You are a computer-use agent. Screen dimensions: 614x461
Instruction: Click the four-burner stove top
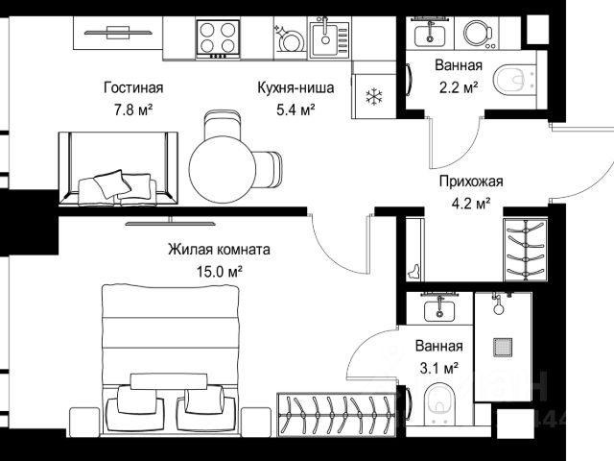[x=218, y=38]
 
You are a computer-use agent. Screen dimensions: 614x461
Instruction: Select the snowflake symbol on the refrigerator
[x=374, y=97]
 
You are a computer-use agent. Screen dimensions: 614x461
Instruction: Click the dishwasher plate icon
[x=290, y=39]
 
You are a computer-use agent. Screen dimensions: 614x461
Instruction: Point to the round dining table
[x=222, y=169]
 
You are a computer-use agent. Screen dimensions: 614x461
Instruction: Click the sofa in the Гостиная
[x=118, y=169]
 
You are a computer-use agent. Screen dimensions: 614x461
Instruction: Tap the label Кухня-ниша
[x=295, y=87]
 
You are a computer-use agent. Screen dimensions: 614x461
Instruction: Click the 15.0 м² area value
[x=220, y=271]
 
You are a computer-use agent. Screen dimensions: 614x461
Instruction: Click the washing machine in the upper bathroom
[x=478, y=35]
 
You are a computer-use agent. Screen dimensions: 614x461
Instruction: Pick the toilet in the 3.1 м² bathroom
[x=440, y=403]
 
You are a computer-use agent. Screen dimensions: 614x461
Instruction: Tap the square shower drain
[x=503, y=348]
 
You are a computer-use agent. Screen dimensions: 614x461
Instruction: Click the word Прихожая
[x=471, y=182]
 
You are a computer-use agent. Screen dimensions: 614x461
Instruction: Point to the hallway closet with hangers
[x=525, y=250]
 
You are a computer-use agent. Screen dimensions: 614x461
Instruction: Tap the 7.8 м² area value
[x=133, y=110]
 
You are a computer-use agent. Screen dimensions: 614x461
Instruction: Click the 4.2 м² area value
[x=471, y=204]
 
